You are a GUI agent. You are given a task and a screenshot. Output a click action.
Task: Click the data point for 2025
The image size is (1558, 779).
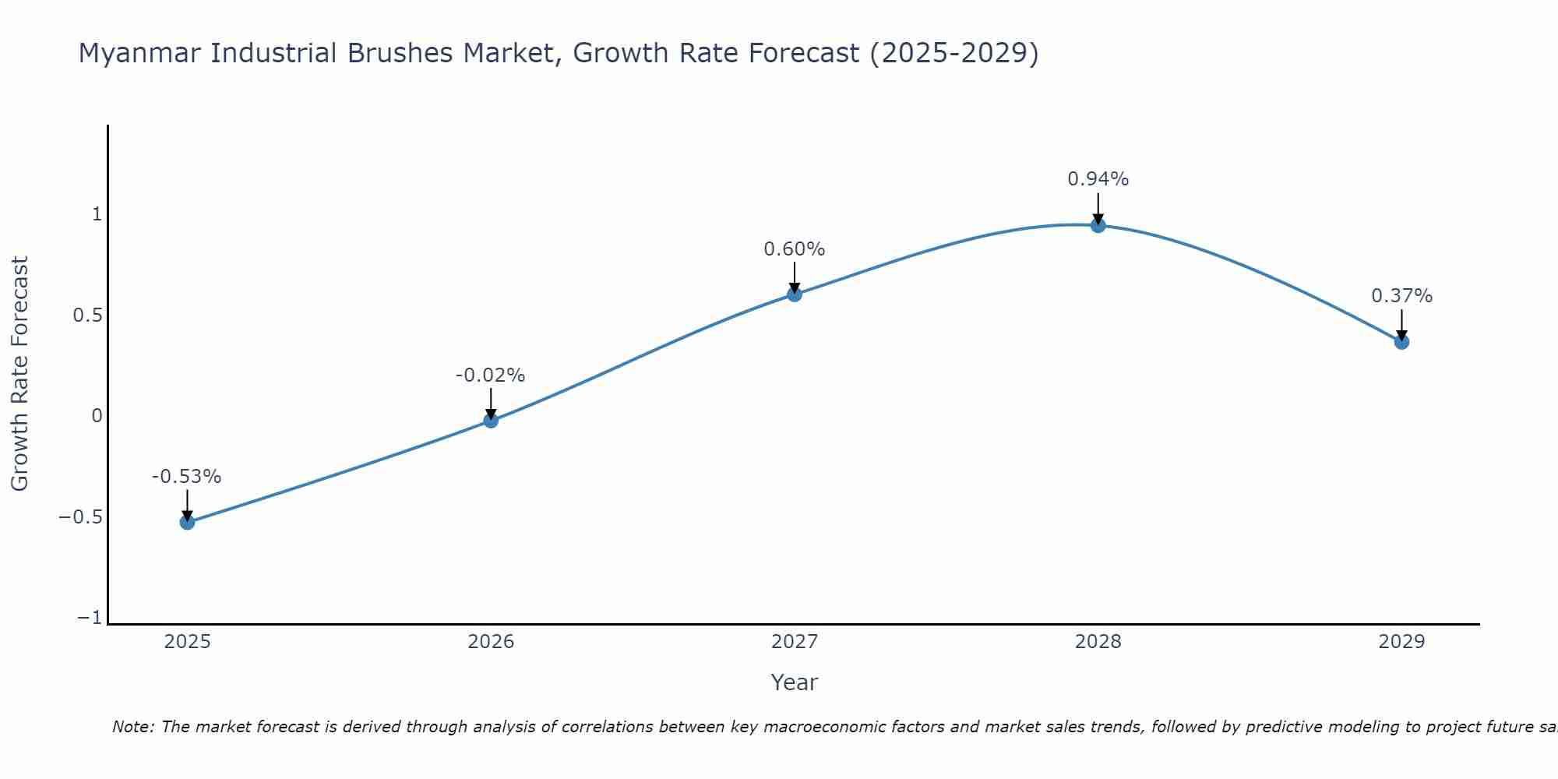[x=187, y=522]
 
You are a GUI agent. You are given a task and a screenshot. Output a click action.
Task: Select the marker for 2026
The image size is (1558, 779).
[x=491, y=421]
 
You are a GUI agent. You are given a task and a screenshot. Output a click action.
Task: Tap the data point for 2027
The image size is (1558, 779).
[x=795, y=294]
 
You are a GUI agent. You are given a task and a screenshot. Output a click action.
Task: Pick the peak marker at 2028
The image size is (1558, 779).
[x=1098, y=226]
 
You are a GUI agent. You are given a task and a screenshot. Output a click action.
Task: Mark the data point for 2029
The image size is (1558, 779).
[x=1401, y=341]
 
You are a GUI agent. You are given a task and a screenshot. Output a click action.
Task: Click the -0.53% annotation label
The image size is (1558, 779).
[x=186, y=477]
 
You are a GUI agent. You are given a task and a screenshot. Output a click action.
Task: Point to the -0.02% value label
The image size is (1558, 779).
[x=490, y=375]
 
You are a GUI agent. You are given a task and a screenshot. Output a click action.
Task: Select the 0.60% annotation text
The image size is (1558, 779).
[x=794, y=249]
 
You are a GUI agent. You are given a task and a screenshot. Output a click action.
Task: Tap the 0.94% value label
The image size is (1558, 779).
[x=1098, y=179]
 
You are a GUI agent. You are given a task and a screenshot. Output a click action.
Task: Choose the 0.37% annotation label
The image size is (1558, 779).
[x=1401, y=296]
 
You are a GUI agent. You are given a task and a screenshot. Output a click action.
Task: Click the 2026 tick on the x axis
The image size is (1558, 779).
[x=491, y=642]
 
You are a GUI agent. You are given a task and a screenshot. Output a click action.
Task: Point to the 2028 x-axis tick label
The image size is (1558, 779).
[x=1098, y=642]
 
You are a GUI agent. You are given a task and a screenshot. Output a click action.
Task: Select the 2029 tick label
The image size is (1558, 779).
[x=1401, y=642]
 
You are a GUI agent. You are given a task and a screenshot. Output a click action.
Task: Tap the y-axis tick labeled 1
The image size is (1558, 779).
[x=97, y=214]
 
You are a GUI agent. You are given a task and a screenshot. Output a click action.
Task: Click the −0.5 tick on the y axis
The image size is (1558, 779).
[x=80, y=517]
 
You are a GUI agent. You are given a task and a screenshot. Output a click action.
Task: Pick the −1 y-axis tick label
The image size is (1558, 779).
[x=90, y=618]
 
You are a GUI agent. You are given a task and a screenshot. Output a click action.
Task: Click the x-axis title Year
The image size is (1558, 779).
[x=794, y=682]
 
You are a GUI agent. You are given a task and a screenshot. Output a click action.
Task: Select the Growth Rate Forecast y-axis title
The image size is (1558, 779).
[x=19, y=374]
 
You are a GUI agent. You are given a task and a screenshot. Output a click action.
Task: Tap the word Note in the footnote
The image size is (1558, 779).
[x=132, y=727]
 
